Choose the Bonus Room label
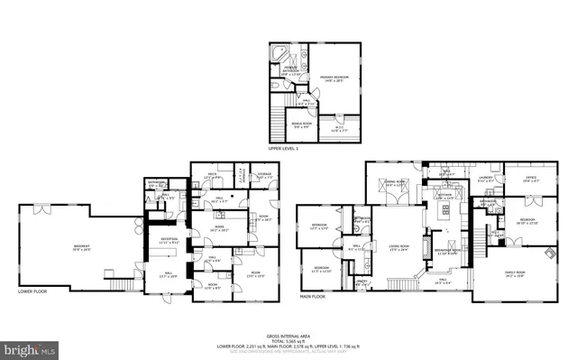coord(300,125)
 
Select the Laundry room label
coord(484,179)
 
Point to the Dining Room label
coord(396,184)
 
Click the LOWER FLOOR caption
coord(32,291)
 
